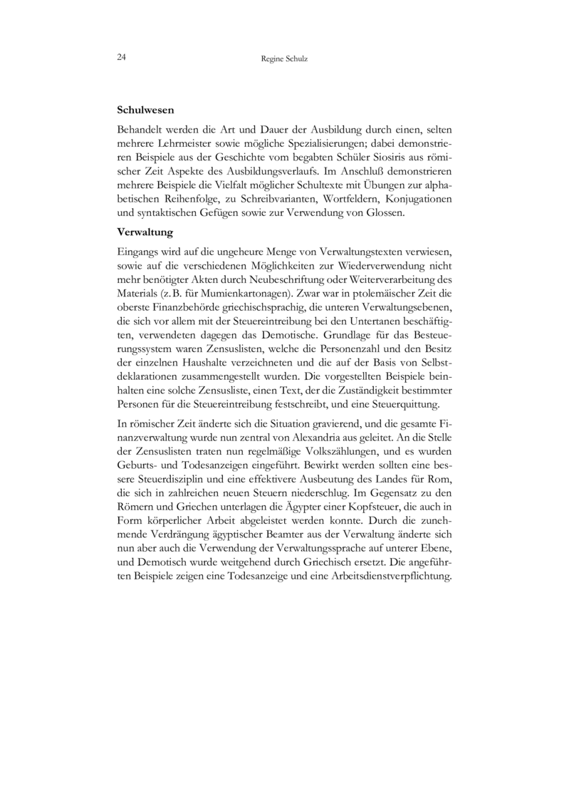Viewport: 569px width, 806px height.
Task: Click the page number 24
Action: pyautogui.click(x=122, y=57)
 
